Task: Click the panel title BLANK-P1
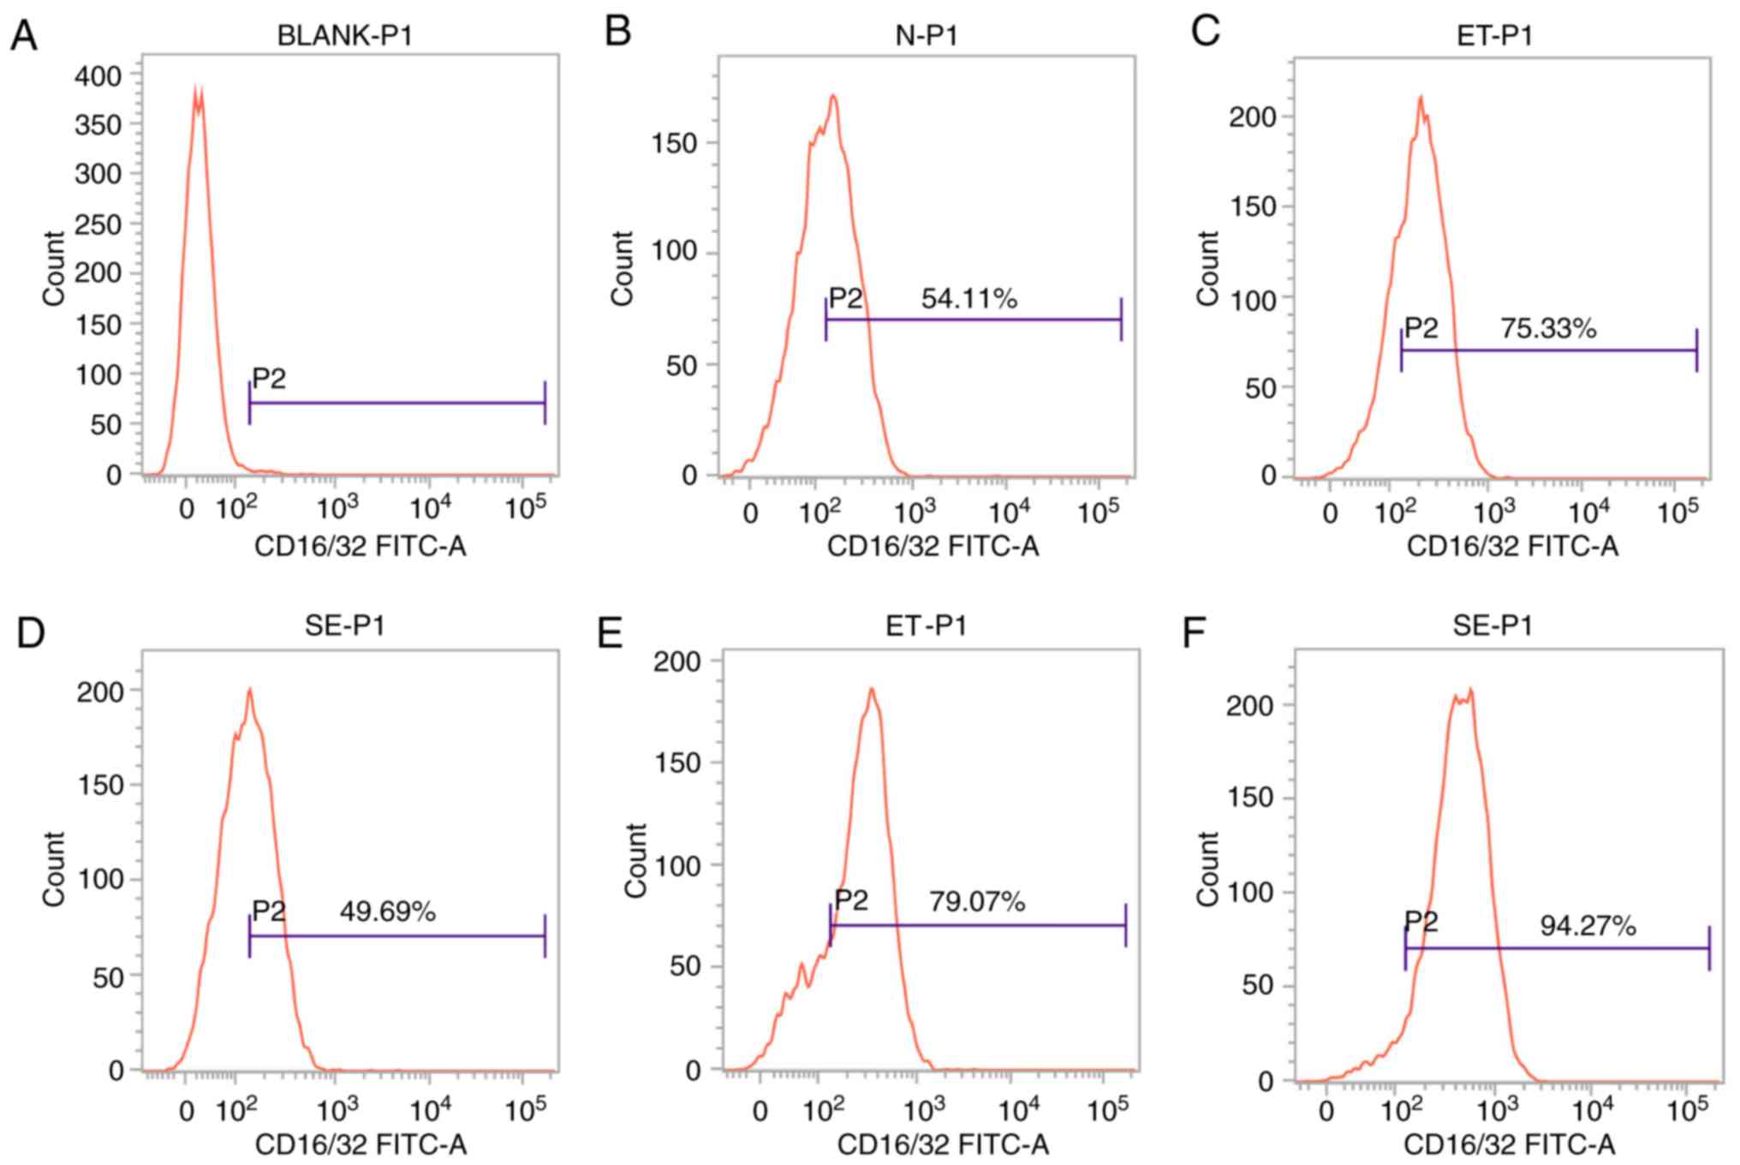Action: click(x=345, y=36)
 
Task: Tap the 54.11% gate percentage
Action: click(x=968, y=299)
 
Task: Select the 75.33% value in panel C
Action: click(x=1548, y=328)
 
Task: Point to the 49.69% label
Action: click(x=387, y=912)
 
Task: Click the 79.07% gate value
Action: click(x=977, y=901)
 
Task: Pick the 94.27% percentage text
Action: click(x=1588, y=926)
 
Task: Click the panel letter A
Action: click(x=24, y=36)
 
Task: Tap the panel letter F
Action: click(x=1194, y=634)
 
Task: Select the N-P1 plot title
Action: click(x=927, y=36)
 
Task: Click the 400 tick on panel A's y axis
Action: click(x=98, y=76)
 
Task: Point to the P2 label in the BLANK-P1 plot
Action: click(x=269, y=379)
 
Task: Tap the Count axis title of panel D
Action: click(x=54, y=868)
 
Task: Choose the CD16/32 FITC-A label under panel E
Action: click(x=942, y=1144)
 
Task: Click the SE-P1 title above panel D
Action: click(x=345, y=626)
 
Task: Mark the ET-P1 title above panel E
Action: click(x=927, y=626)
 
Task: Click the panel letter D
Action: click(x=31, y=634)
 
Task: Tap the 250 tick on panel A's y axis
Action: click(x=98, y=224)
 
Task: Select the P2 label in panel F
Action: click(x=1421, y=922)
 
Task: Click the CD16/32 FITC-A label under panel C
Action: click(x=1512, y=546)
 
